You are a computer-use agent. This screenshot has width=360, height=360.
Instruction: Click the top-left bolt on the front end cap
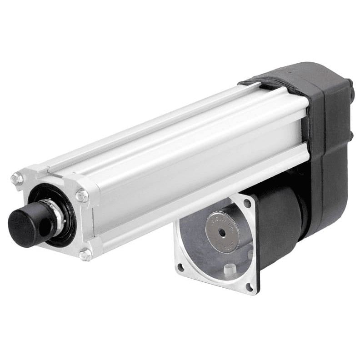[17, 179]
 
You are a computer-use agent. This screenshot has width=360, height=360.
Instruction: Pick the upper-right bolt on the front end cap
[82, 196]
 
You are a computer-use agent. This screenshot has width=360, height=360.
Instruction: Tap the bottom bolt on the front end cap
[85, 255]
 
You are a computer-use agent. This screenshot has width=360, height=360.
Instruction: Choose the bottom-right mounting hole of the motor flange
[249, 286]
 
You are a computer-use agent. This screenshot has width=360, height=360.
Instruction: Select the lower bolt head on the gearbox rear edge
[350, 135]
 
